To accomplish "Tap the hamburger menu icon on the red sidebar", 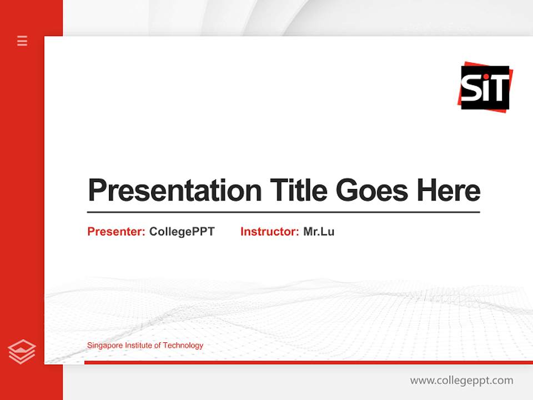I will [22, 41].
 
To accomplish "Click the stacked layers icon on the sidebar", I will [22, 352].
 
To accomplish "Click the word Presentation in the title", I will [174, 191].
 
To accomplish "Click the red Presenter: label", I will [116, 232].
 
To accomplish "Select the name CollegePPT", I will [182, 232].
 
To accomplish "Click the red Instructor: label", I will [269, 232].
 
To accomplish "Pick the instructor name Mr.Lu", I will [319, 232].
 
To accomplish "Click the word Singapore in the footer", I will [104, 346].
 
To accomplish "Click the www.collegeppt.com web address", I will [461, 381].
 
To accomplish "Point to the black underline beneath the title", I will [283, 212].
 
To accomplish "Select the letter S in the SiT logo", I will [471, 89].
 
